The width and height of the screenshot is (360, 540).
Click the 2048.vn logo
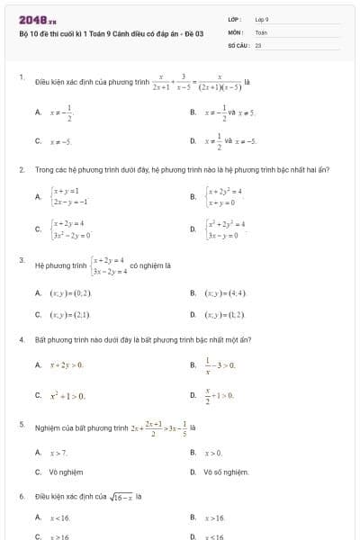[x=37, y=19]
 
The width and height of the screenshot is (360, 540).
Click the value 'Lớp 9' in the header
[x=262, y=19]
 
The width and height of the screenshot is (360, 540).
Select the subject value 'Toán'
[x=261, y=31]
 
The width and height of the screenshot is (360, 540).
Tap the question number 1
[x=22, y=77]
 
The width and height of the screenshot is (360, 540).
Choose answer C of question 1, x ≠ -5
[x=61, y=141]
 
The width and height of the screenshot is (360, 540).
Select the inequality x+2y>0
[x=67, y=364]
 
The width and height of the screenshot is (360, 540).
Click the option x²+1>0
[x=67, y=395]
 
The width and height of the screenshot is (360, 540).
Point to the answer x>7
[x=59, y=453]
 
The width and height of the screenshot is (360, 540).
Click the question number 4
[x=22, y=340]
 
